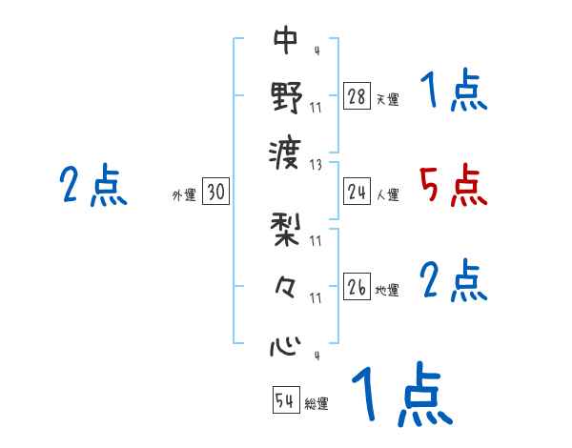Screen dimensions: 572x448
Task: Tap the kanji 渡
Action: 287,151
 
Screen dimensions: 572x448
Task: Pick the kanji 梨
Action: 287,231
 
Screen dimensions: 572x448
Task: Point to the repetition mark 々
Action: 286,287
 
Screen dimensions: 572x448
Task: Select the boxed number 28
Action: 357,96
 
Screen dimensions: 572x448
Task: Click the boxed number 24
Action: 357,193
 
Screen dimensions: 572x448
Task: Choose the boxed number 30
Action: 215,193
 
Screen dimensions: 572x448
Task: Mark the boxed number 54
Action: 285,400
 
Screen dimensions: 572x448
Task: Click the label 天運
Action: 387,99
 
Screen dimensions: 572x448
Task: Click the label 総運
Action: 317,403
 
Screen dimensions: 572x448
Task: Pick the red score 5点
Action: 454,185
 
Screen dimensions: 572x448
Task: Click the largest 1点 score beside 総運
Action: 400,394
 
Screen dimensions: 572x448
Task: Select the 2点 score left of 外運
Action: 93,185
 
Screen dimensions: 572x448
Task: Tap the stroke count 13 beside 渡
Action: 316,163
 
